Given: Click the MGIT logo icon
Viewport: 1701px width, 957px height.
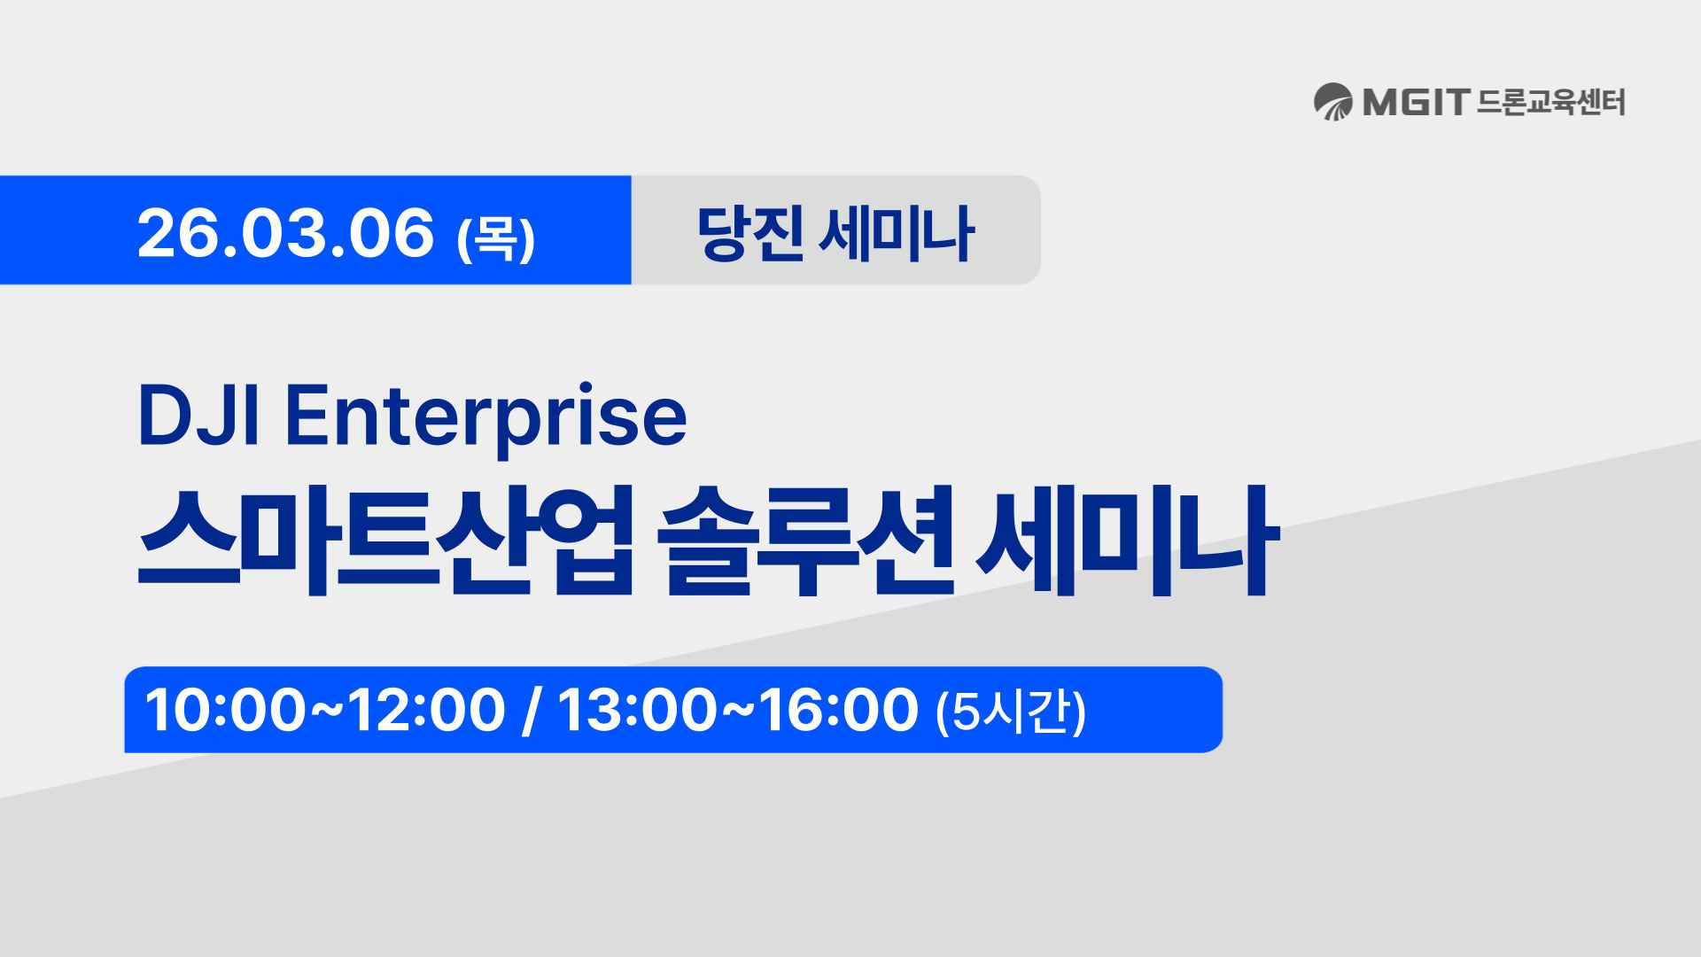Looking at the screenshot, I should tap(1332, 102).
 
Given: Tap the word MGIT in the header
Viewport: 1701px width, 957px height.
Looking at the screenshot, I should tap(1416, 102).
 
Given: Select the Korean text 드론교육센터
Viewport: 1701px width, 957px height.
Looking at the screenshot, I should tap(1550, 102).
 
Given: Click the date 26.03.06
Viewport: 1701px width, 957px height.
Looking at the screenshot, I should tap(285, 233).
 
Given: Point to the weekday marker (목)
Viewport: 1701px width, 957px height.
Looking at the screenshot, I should tap(496, 237).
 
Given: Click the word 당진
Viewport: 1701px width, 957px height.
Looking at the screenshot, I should tap(750, 233).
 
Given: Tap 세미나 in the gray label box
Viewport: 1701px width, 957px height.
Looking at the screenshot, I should tap(896, 233).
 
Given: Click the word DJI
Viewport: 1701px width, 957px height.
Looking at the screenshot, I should tap(198, 415).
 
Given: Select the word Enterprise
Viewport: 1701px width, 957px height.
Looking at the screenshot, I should tap(485, 416).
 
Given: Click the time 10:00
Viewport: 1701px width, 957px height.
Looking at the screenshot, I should tap(225, 710).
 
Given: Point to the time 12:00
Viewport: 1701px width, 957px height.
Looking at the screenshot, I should tap(426, 710).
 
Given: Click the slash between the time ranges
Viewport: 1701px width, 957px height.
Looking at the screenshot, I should tap(531, 710).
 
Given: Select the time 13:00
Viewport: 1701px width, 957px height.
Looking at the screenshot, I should tap(637, 710).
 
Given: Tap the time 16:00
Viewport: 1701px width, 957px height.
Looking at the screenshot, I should tap(838, 710).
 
